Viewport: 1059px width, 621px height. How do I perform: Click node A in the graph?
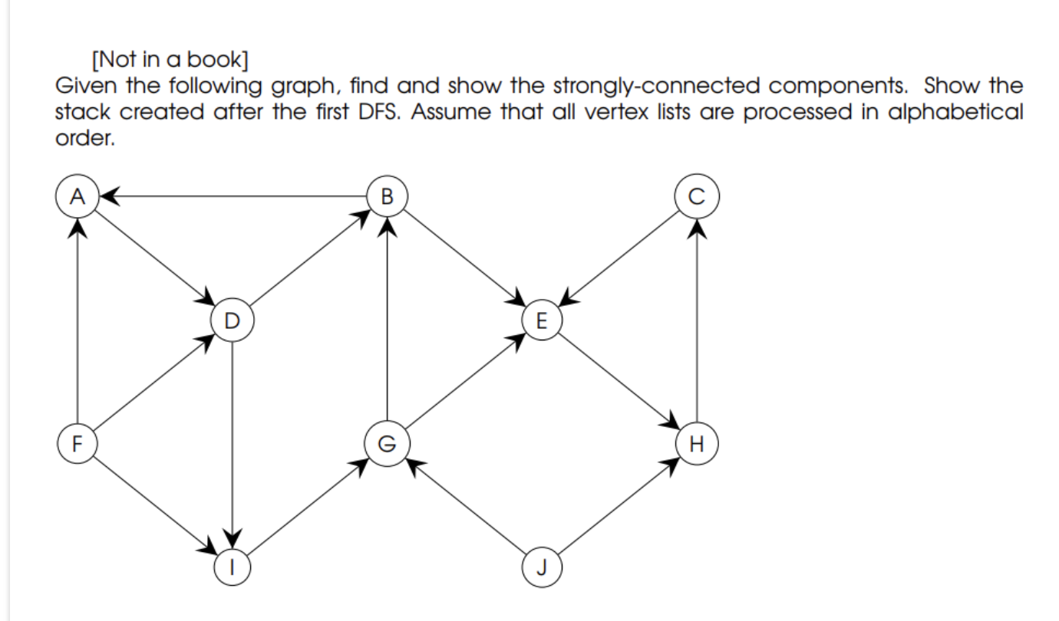[x=76, y=196]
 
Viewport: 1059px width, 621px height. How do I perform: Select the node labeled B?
[x=387, y=196]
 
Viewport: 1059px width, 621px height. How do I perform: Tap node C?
[x=696, y=196]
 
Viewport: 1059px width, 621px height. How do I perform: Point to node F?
[x=76, y=443]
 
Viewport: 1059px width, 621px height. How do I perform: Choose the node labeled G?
[x=387, y=443]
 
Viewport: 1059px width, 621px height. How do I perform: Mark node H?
[x=696, y=443]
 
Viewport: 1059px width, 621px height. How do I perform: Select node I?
[x=232, y=567]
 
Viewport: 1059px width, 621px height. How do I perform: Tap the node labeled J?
[x=541, y=567]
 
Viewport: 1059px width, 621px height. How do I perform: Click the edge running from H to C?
[x=696, y=322]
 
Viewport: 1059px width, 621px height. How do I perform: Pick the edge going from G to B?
[x=387, y=322]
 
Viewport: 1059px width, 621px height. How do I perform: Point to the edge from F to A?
[x=76, y=322]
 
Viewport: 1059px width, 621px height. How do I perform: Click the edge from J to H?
[x=619, y=504]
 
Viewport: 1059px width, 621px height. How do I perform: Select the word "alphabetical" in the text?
[x=955, y=113]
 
